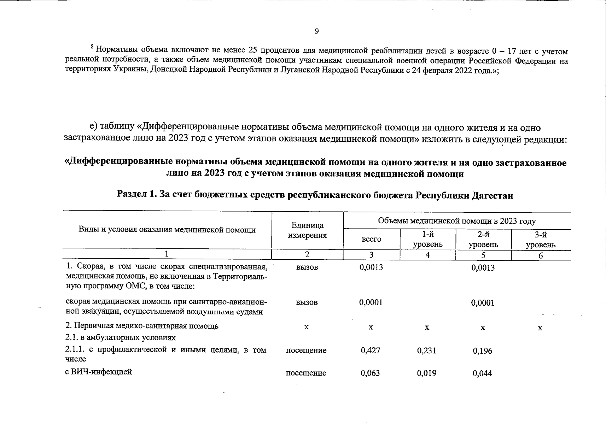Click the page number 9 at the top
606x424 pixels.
point(316,31)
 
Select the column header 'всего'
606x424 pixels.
point(371,239)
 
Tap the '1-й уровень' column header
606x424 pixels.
point(427,240)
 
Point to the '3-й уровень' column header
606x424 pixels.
point(541,240)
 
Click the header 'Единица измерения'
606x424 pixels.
point(307,230)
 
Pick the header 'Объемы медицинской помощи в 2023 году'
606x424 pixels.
point(457,221)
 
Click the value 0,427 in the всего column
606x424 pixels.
point(371,351)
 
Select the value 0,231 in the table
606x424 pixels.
point(427,351)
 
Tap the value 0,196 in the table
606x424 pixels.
point(483,351)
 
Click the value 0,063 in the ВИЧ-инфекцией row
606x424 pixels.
point(370,373)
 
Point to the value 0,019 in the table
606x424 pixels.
point(427,373)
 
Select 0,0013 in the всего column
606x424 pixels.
point(371,267)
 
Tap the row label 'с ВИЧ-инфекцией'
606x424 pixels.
point(99,372)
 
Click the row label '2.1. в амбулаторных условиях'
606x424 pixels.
point(121,337)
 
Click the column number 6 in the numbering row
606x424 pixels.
point(541,255)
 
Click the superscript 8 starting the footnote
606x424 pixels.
point(92,47)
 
